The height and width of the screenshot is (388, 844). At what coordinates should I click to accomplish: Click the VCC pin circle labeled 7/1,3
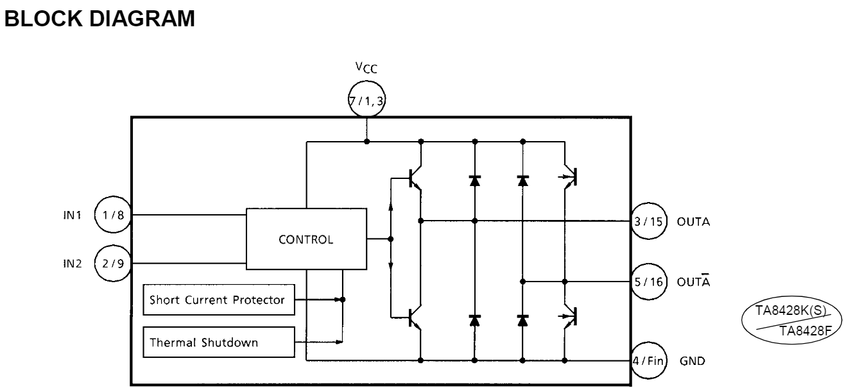[x=366, y=101]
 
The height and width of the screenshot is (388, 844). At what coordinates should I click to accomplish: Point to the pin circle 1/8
[x=113, y=215]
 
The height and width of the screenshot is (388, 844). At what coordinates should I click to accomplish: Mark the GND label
[x=693, y=361]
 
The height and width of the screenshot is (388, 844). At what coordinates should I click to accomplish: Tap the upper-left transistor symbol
[x=414, y=180]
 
